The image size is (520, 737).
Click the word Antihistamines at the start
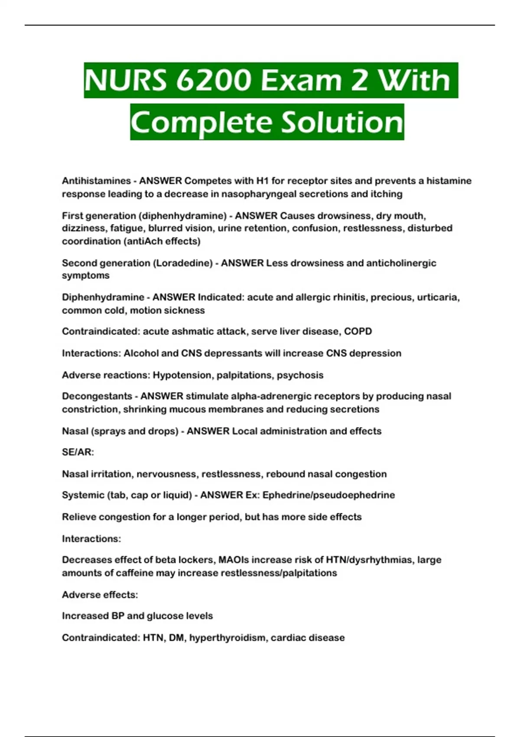pos(96,181)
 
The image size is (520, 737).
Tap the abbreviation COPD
pos(358,332)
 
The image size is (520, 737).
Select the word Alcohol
pos(141,353)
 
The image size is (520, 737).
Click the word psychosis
pos(300,375)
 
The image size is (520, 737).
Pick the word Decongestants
pos(97,396)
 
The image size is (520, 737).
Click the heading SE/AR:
pos(78,452)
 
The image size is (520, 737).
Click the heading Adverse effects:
pos(100,595)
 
